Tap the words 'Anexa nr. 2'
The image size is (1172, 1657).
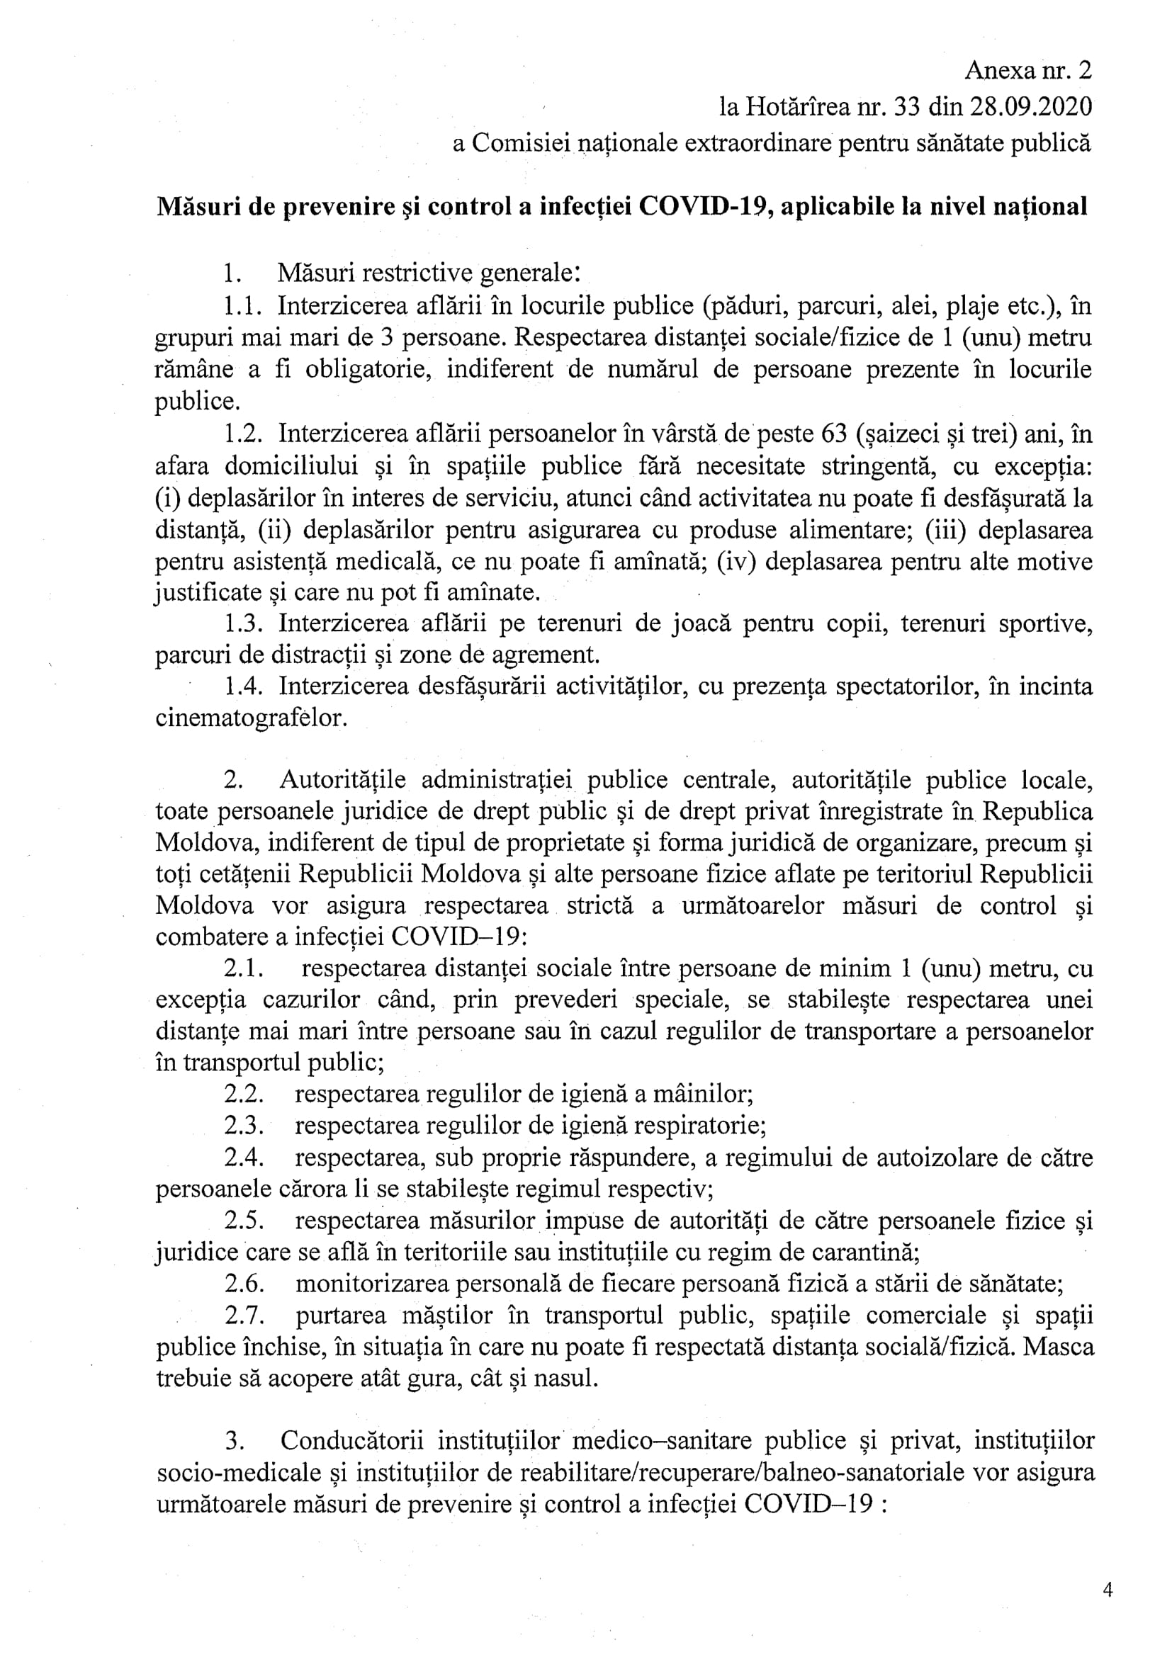(1027, 70)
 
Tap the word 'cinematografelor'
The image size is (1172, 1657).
(251, 719)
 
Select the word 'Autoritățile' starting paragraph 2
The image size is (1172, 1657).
(343, 781)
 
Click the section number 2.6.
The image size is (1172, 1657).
(243, 1284)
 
